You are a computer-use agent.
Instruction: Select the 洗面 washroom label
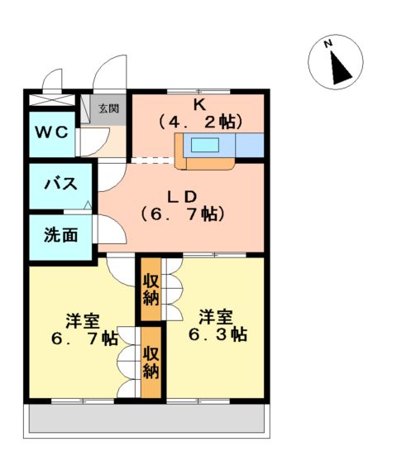(x=61, y=235)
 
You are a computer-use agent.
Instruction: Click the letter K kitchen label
(x=199, y=104)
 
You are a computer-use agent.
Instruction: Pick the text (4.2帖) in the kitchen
(x=200, y=122)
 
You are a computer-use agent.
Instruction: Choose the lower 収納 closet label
(x=151, y=362)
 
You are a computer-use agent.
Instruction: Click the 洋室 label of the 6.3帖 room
(x=215, y=317)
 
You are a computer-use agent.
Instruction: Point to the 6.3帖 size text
(x=216, y=335)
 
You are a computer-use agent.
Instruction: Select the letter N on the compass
(x=328, y=44)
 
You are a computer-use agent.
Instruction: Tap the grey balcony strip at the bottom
(x=149, y=420)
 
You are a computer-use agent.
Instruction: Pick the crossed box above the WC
(x=52, y=101)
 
